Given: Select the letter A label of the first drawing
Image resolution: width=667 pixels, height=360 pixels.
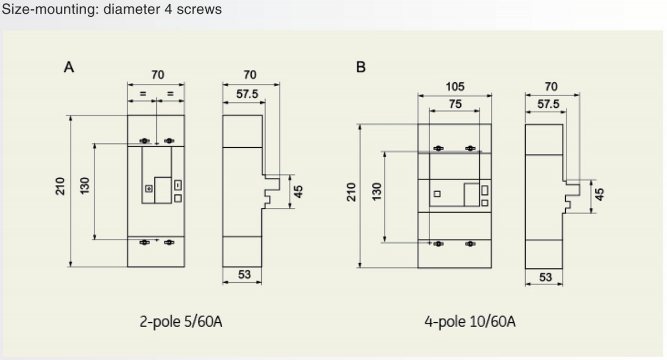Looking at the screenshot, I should pyautogui.click(x=69, y=68).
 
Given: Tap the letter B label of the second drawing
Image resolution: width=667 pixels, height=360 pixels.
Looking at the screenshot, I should pyautogui.click(x=361, y=68).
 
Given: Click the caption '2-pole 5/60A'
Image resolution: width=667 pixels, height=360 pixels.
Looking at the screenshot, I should pyautogui.click(x=181, y=322).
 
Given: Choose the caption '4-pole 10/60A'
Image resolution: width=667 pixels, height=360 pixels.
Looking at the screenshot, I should pyautogui.click(x=470, y=322).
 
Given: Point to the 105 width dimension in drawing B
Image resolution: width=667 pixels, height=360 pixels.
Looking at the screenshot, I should pyautogui.click(x=455, y=87).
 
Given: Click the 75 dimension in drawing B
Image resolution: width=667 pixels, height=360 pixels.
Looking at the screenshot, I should pyautogui.click(x=455, y=104).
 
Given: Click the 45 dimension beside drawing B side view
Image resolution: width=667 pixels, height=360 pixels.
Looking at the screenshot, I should pyautogui.click(x=599, y=194).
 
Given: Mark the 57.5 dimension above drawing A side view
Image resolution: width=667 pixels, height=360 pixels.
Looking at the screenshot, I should pyautogui.click(x=247, y=94).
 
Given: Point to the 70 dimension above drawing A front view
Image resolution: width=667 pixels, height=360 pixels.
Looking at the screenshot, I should pyautogui.click(x=158, y=74).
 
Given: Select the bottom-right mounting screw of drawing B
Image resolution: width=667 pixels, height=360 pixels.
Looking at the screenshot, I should pyautogui.click(x=470, y=243).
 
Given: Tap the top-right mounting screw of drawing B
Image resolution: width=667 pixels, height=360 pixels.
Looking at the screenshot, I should pyautogui.click(x=470, y=148).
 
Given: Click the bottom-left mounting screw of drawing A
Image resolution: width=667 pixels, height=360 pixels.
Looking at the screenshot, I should pyautogui.click(x=145, y=242).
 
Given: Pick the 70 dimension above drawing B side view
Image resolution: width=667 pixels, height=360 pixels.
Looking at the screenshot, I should pyautogui.click(x=551, y=87).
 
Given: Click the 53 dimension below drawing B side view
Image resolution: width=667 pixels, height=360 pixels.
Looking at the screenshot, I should pyautogui.click(x=545, y=277).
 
